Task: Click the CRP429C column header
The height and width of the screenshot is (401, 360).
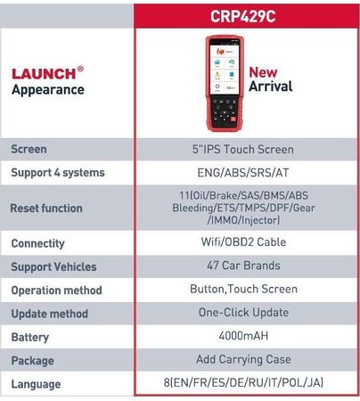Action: pos(243,16)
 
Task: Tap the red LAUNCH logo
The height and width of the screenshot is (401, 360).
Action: pos(44,74)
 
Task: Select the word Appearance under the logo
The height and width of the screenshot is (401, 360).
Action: pos(48,90)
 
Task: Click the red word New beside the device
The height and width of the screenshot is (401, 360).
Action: pos(263,72)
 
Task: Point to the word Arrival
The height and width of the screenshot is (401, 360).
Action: pos(271,86)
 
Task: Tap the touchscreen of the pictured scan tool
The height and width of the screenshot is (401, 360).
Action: pos(225,70)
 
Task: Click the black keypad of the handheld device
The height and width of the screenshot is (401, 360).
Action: pos(225,112)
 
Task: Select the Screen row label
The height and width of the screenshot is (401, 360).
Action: pos(29,149)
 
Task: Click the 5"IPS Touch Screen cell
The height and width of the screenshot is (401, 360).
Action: pos(243,149)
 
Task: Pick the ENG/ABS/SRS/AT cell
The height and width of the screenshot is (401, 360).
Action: pos(243,173)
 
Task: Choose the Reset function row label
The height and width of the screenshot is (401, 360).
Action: pos(46,209)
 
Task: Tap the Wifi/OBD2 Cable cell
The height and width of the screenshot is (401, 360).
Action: pos(243,241)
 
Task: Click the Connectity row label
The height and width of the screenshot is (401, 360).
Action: pos(37,243)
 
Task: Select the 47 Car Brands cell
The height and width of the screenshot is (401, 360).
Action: pos(243,266)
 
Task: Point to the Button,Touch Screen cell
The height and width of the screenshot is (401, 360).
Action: pos(243,289)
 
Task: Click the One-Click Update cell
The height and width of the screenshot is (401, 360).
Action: pos(243,312)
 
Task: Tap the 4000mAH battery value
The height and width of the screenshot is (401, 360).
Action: pos(243,336)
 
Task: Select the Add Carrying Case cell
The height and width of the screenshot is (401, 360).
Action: pos(243,359)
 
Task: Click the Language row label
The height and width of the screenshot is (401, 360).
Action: pos(36,384)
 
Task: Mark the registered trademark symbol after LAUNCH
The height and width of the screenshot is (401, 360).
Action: pos(80,69)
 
